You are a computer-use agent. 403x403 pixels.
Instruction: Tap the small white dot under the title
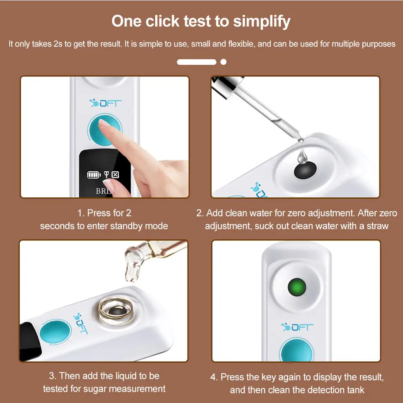[223, 62]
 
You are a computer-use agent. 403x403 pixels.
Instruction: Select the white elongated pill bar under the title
[196, 62]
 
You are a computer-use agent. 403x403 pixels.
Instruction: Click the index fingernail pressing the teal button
[104, 123]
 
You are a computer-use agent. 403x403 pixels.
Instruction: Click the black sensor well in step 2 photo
[304, 170]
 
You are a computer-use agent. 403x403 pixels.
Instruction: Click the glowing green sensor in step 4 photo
[297, 288]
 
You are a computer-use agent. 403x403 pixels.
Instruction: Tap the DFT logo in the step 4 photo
[297, 327]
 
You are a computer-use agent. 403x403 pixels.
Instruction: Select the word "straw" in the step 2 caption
[377, 226]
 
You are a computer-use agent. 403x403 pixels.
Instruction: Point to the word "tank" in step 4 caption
[355, 390]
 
